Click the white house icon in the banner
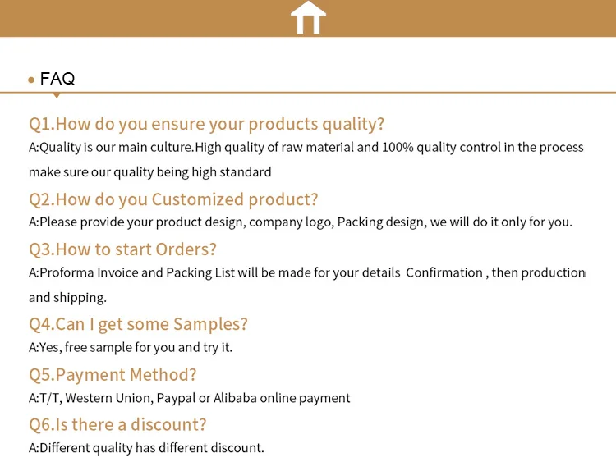(x=308, y=17)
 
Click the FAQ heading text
(x=57, y=79)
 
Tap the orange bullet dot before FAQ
(x=31, y=80)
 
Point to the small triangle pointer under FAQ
(x=57, y=95)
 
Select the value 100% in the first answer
(x=398, y=147)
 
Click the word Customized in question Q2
(x=198, y=199)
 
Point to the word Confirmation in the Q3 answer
(x=444, y=272)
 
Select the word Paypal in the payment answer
(x=176, y=399)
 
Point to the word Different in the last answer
(x=65, y=448)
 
